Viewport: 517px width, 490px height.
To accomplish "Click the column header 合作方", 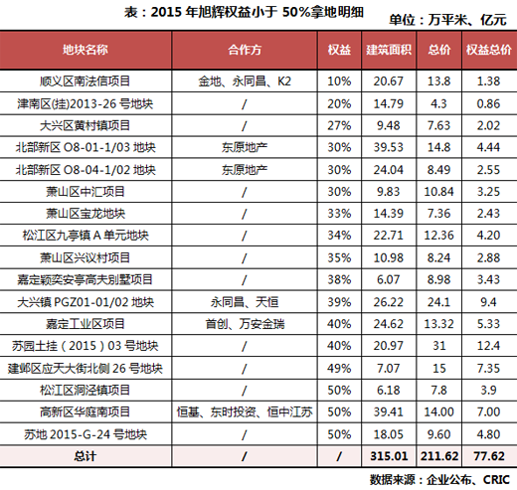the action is tap(245, 50).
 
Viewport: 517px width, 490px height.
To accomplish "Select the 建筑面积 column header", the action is tap(389, 50).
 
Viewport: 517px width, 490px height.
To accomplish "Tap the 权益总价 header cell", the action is tap(489, 50).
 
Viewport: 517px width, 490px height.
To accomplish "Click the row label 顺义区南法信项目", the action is tap(86, 82).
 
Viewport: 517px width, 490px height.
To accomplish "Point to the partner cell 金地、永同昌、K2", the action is tap(245, 82).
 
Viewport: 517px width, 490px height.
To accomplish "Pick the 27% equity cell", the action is tap(339, 125).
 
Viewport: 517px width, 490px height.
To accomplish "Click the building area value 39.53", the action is tap(389, 147).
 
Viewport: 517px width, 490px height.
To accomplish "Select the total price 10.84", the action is tap(438, 192).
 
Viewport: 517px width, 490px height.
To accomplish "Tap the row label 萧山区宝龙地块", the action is tap(86, 214).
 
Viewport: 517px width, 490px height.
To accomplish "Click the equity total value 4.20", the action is tap(488, 236).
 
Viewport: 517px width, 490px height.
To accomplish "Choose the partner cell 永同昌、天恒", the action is tap(245, 302).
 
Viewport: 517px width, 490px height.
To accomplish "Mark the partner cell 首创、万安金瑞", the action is tap(245, 324).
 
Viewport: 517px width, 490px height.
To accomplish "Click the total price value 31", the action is tap(439, 346).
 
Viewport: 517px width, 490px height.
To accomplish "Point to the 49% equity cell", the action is tap(339, 369).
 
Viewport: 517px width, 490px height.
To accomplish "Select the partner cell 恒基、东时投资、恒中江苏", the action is tap(245, 412).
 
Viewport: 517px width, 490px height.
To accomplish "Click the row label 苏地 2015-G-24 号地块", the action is tap(86, 434).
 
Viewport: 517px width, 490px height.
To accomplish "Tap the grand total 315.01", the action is tap(389, 456).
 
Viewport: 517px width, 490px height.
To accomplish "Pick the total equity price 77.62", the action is tap(489, 456).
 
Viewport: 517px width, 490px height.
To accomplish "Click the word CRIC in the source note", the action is tap(496, 480).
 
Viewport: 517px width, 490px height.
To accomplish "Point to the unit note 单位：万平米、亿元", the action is tap(447, 20).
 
